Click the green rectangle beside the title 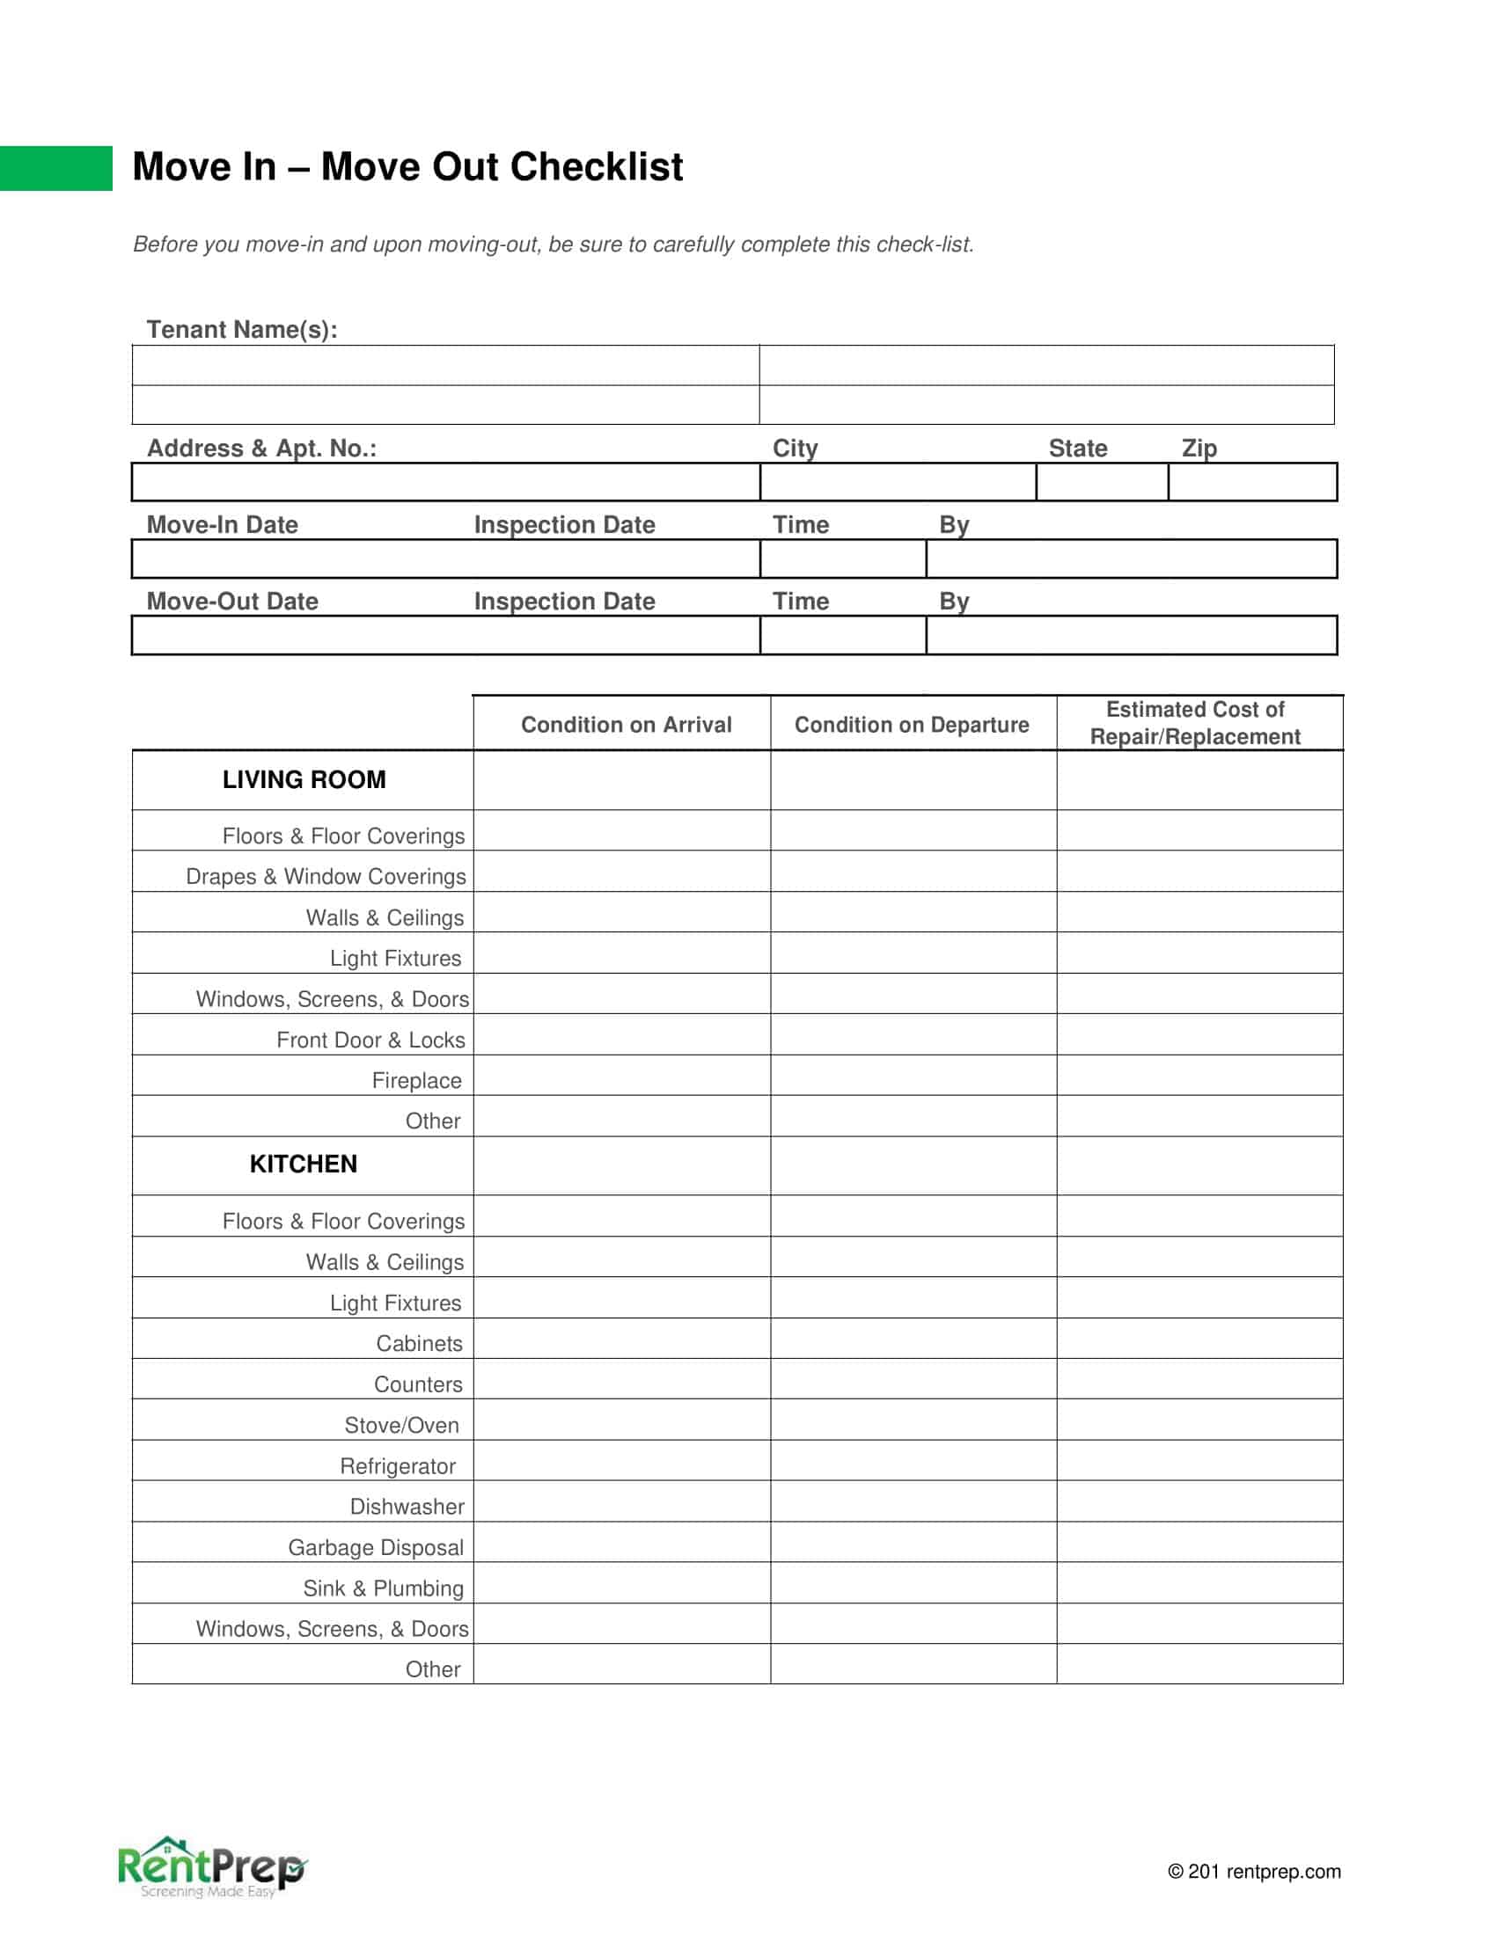(55, 168)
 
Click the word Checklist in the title (596, 166)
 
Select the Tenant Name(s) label (242, 330)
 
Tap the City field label (795, 449)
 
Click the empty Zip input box (1251, 482)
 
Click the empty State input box (1102, 482)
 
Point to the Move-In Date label (223, 524)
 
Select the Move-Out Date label (232, 601)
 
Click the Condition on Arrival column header (626, 725)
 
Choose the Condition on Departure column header (911, 725)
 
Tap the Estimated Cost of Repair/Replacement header (1195, 723)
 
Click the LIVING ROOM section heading (304, 779)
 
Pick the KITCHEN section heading (303, 1165)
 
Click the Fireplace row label (416, 1081)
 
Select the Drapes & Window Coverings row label (326, 876)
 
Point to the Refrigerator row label (398, 1466)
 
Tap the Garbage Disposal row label (376, 1548)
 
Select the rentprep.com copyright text (1253, 1871)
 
